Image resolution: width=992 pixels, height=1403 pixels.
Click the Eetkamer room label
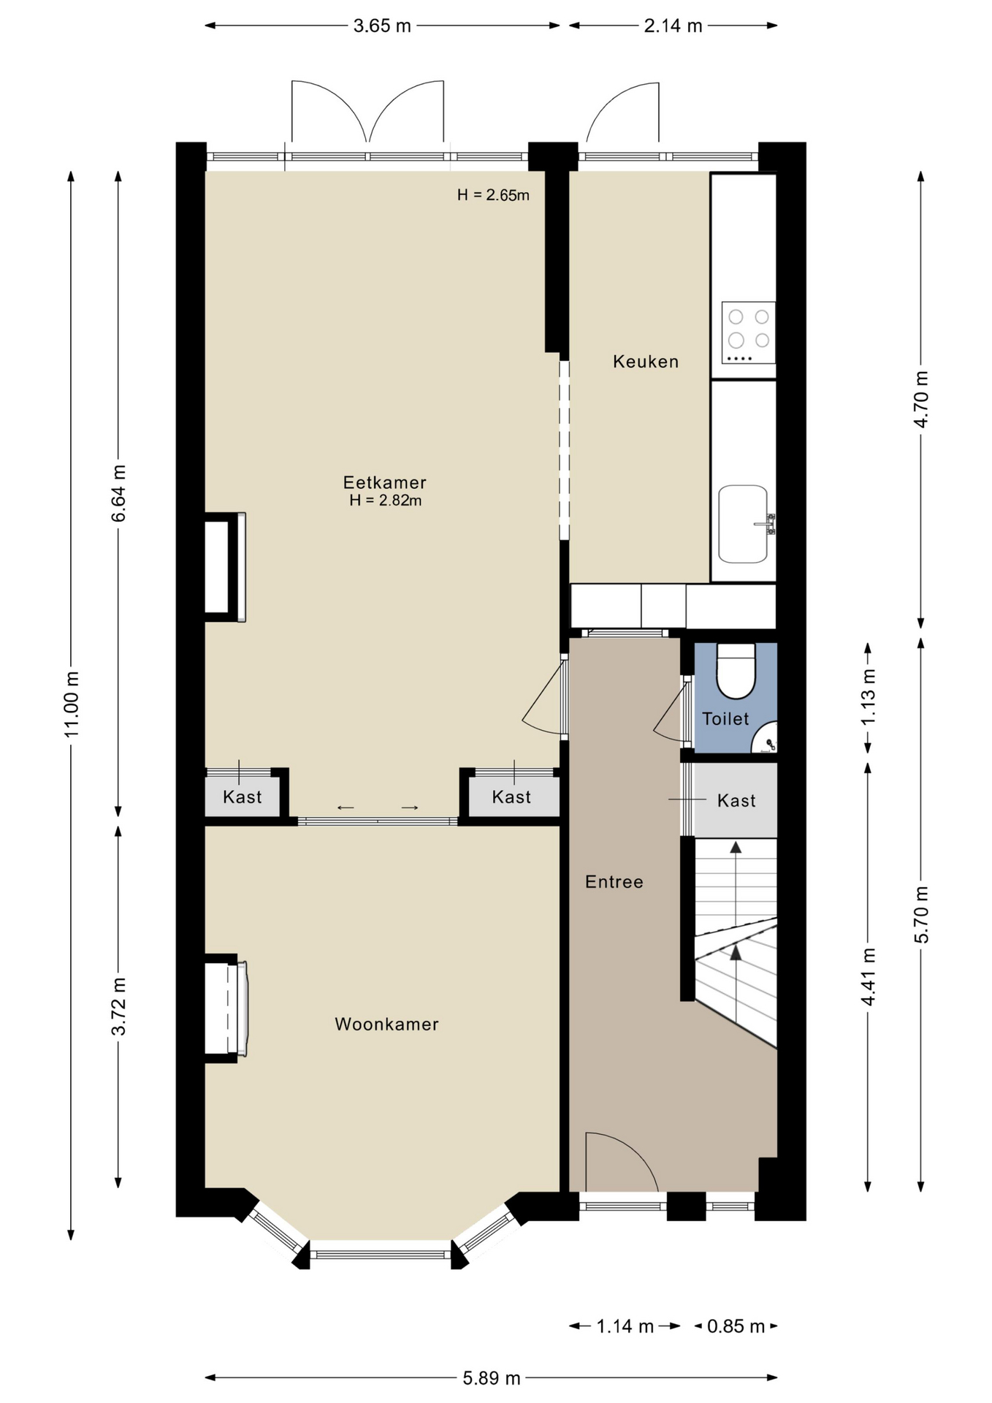[x=385, y=482]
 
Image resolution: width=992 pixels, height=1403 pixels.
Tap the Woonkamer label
[x=386, y=1024]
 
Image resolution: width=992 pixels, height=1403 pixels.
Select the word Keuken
[x=646, y=362]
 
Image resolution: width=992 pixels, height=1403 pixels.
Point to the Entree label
[x=614, y=882]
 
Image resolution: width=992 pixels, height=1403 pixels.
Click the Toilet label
[x=725, y=719]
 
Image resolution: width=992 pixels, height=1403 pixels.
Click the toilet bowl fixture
[x=736, y=671]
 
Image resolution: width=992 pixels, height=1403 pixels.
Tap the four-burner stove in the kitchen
[x=749, y=332]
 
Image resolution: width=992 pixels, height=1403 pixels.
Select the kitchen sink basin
[x=743, y=524]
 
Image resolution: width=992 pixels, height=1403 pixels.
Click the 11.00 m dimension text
[x=72, y=704]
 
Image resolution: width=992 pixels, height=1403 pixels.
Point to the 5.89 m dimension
[x=492, y=1378]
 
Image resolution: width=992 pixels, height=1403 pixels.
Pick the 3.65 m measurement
[x=382, y=26]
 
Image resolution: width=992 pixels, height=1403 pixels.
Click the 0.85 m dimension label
[x=736, y=1326]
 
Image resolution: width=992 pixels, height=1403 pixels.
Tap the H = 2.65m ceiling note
[x=493, y=195]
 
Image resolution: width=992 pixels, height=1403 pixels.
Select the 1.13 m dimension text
[x=868, y=698]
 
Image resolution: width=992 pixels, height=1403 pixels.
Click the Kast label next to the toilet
[x=736, y=801]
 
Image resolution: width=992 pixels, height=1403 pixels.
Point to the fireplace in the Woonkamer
[x=226, y=1008]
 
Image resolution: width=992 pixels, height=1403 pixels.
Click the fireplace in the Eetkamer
[x=225, y=567]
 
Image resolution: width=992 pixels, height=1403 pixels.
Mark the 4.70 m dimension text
[x=921, y=400]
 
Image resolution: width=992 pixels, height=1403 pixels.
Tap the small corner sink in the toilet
[x=766, y=738]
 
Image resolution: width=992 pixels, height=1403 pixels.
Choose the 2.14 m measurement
[x=673, y=26]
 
